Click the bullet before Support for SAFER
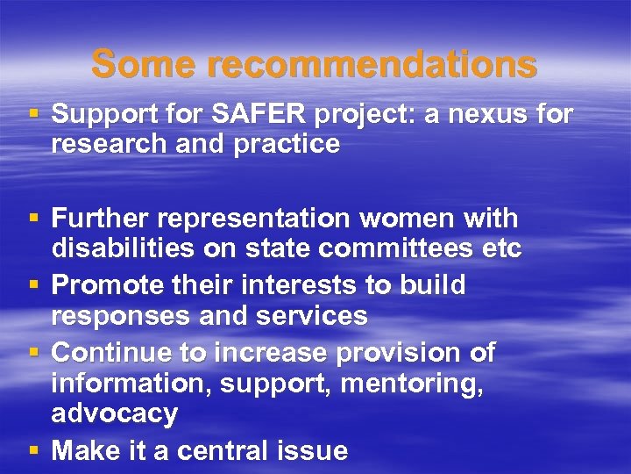(32, 114)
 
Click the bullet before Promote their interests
(32, 285)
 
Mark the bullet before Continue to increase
(32, 353)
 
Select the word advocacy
(115, 413)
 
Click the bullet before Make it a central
(32, 451)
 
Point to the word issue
(319, 451)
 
